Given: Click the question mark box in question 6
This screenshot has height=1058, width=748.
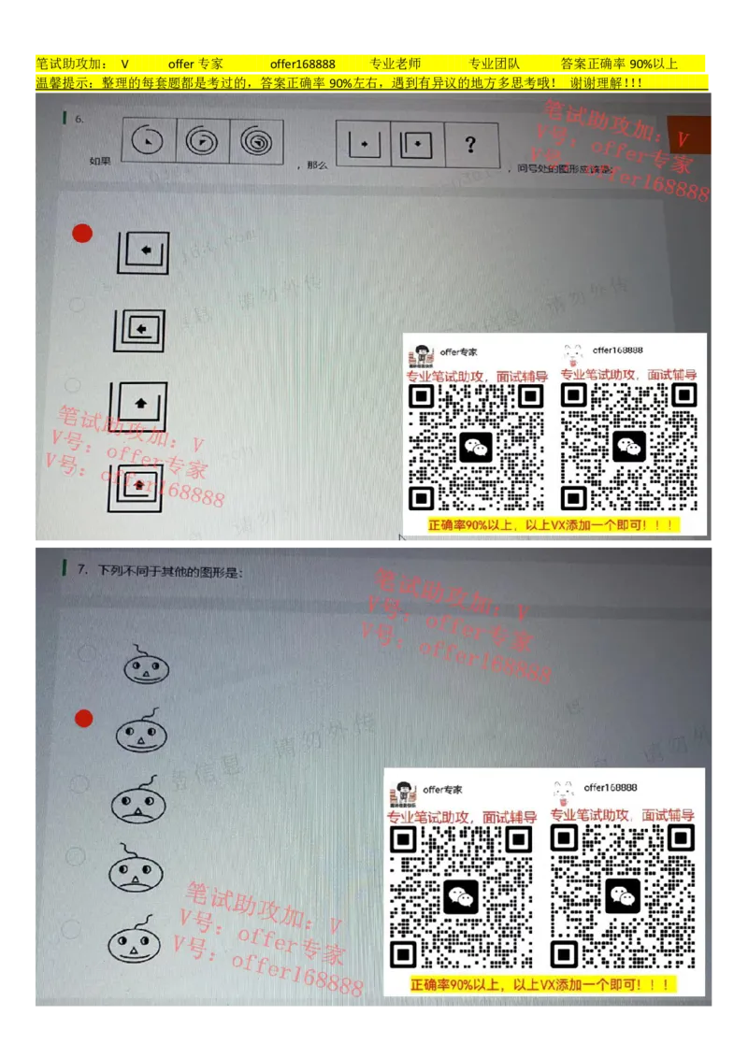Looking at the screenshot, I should coord(469,144).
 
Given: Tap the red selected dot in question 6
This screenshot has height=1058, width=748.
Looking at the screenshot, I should coord(82,234).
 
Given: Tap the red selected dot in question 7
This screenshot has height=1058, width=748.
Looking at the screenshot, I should coord(84,718).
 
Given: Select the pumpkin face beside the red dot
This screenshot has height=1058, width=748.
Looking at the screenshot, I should coord(141,733).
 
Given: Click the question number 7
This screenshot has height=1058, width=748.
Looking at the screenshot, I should coord(82,568).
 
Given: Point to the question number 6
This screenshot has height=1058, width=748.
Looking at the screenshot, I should coord(79,119).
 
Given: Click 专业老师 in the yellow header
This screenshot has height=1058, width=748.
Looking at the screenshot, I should coord(395,64).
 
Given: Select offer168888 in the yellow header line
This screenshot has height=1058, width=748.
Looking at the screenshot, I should coord(302,64).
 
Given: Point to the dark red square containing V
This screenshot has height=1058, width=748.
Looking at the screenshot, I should coord(689,136).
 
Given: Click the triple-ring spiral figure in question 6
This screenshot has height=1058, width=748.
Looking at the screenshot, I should coord(255,142).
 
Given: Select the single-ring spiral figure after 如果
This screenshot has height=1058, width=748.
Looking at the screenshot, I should coord(148,142).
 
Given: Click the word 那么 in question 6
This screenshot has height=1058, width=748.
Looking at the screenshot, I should coord(318,165).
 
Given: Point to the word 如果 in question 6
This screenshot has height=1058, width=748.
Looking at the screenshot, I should coord(100,160).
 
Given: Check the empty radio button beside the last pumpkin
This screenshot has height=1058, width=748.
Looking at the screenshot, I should coord(70,929).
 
